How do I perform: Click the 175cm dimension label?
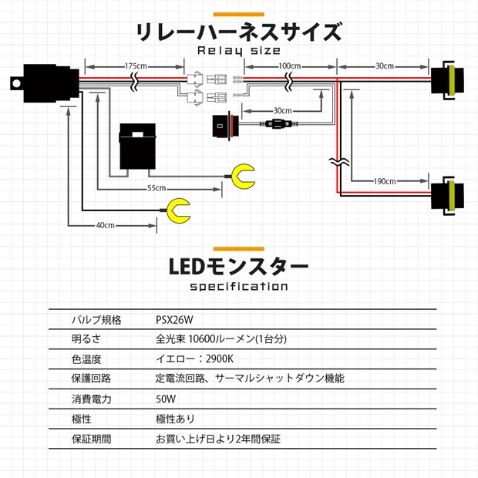136,66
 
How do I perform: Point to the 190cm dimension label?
383,181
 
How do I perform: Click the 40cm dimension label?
106,225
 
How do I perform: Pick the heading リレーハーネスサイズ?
238,32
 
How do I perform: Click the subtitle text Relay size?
238,51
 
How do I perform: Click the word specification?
238,288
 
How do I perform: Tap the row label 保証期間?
91,439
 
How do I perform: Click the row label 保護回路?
91,379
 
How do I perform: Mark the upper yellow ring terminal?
246,175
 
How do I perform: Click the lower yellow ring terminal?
178,210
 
